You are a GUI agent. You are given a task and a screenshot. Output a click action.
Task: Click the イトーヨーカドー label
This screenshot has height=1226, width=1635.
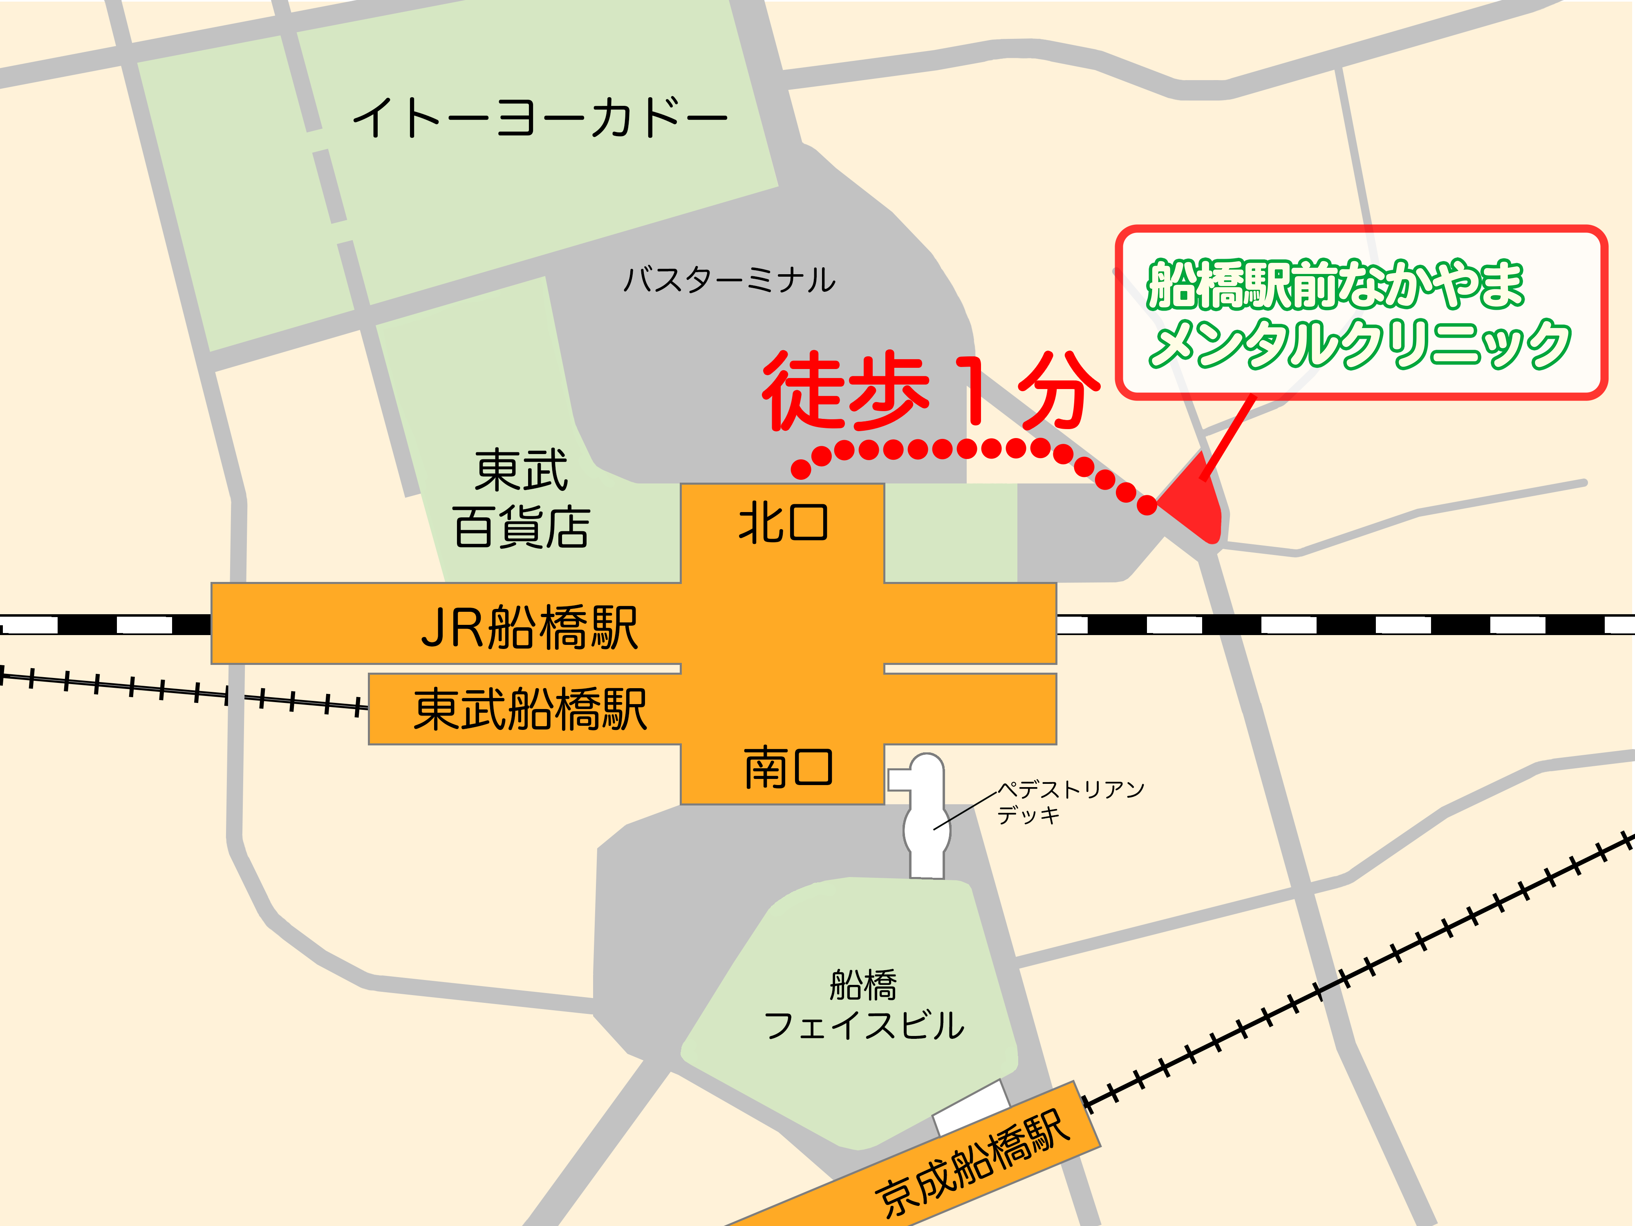(540, 118)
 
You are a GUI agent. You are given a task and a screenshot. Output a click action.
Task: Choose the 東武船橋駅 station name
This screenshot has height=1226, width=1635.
(530, 709)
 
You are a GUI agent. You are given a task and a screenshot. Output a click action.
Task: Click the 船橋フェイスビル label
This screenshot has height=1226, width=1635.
(863, 1005)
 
